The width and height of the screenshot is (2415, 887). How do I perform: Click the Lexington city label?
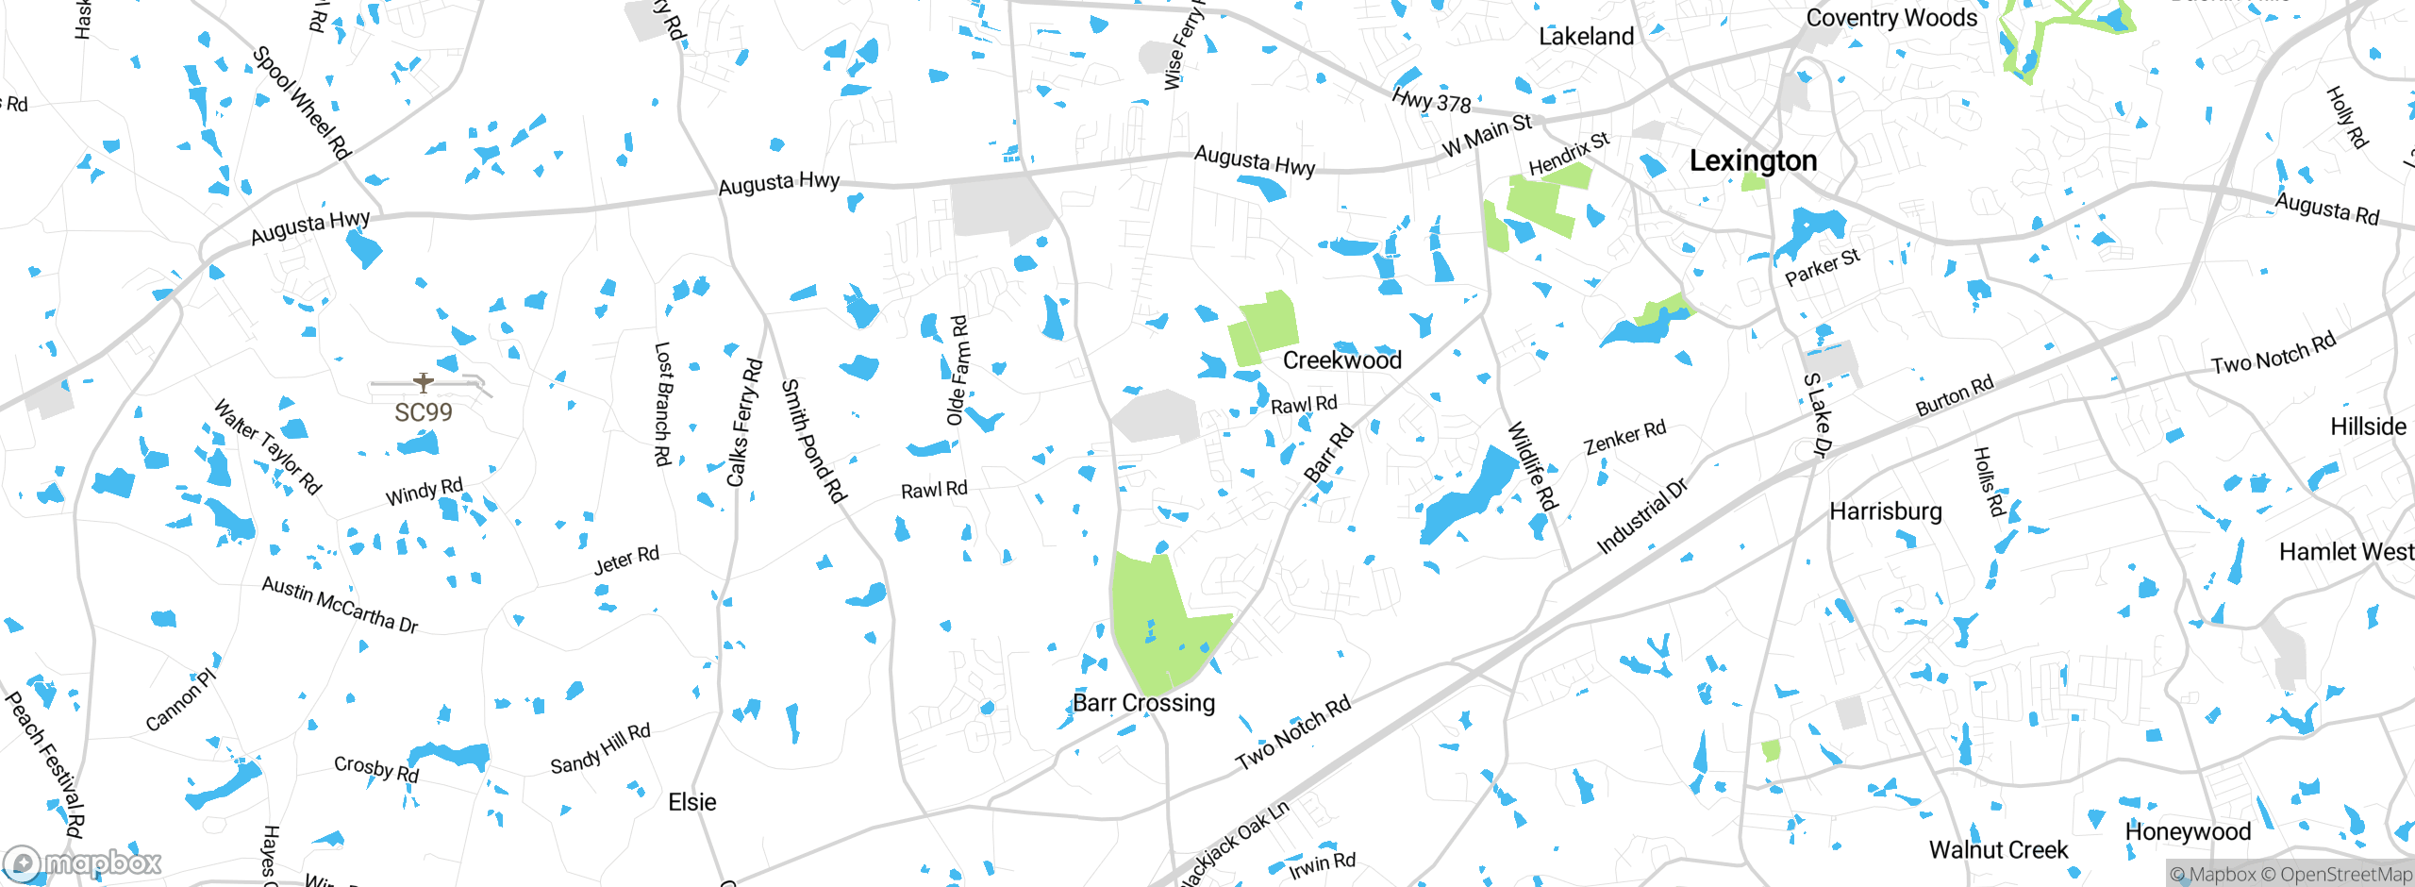point(1753,161)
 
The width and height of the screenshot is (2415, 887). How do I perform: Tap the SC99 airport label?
point(423,412)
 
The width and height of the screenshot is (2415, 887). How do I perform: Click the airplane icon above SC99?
point(424,382)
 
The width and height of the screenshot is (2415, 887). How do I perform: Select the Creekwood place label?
point(1341,360)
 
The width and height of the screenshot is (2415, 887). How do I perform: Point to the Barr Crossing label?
point(1143,703)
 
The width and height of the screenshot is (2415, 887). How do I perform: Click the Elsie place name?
point(691,802)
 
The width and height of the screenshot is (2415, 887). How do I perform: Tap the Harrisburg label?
point(1885,511)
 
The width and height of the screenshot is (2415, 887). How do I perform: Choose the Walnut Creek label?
point(1998,850)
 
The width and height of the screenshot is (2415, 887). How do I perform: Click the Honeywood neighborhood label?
point(2188,832)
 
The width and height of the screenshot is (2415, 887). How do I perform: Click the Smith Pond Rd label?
point(813,441)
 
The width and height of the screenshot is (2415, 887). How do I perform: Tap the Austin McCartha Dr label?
point(340,605)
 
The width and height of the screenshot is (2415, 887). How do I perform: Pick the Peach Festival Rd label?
point(44,764)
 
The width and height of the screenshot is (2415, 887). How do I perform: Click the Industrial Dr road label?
point(1641,517)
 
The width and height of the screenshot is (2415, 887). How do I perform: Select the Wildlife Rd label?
point(1532,467)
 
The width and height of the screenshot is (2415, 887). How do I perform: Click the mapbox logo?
point(83,862)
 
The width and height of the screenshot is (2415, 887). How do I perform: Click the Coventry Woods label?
point(1890,18)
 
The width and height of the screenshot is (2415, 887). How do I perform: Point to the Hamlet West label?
point(2345,552)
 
